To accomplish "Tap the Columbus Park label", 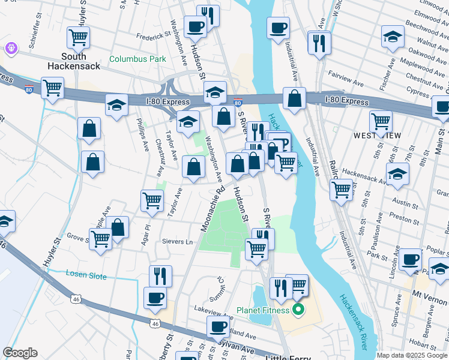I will [137, 59].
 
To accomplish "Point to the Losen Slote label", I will [86, 276].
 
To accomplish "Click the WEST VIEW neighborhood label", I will [377, 136].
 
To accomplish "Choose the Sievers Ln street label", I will [177, 242].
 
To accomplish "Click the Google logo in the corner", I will [20, 353].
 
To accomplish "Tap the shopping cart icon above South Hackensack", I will [79, 37].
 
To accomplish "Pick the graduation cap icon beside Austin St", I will [397, 175].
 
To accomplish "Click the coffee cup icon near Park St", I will [411, 259].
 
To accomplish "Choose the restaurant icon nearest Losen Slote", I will [160, 276].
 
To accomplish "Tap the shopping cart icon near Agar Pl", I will [152, 202].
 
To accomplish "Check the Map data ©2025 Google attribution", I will [412, 355].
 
